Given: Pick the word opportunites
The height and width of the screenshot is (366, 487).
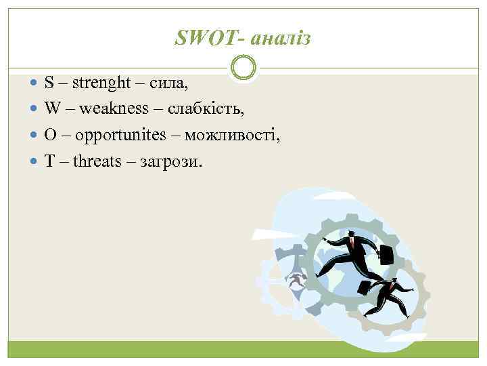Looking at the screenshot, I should click(120, 135).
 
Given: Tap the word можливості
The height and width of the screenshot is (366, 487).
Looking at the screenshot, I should click(233, 135).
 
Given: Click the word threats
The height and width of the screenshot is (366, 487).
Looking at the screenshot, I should click(99, 161).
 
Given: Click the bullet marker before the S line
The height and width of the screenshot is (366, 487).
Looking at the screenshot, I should click(35, 84).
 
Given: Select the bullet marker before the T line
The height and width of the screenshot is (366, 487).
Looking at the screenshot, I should click(35, 161).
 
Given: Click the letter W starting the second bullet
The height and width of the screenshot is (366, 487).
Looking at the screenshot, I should click(53, 109).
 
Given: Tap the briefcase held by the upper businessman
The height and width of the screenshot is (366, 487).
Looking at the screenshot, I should click(386, 256).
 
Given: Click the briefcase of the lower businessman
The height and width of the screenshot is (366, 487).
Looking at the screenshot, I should click(364, 287).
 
